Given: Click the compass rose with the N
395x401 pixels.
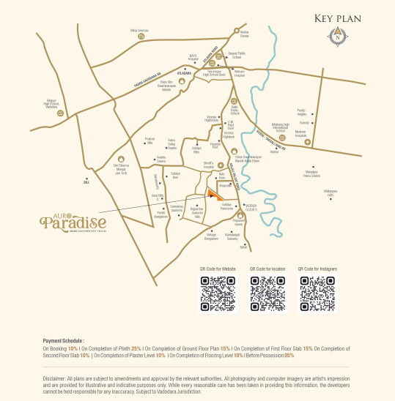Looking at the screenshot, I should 336,33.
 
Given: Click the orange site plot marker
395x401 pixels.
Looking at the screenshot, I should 213,195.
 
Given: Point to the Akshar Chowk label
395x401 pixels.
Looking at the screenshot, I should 246,34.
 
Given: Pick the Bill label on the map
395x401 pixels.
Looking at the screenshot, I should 85,184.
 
